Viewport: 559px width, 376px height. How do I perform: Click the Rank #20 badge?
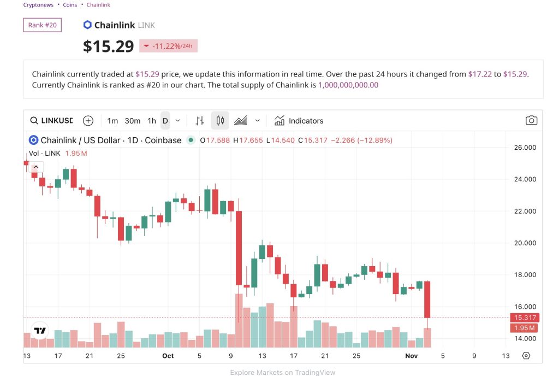point(42,25)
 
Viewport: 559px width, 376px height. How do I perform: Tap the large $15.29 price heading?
point(108,46)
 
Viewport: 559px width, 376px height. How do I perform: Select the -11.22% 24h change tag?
point(168,46)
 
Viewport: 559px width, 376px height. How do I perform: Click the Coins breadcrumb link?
point(70,5)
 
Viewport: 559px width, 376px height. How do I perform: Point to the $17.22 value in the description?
point(480,74)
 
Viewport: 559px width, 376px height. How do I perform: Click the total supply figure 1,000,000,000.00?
point(348,85)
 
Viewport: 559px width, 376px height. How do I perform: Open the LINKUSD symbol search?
point(51,121)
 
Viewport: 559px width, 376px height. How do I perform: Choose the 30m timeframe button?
point(132,121)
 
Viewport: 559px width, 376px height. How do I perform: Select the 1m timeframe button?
point(112,121)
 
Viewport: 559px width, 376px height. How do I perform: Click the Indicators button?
point(299,121)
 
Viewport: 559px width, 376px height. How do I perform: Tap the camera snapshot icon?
point(531,121)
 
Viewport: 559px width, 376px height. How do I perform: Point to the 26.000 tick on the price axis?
point(525,148)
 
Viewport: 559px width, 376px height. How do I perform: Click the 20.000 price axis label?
point(525,243)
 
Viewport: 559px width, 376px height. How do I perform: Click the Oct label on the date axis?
point(168,356)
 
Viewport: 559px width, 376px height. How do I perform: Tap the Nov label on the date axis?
point(411,356)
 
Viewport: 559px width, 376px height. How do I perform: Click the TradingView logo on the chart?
point(39,331)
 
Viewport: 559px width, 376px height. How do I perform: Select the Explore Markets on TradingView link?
point(283,372)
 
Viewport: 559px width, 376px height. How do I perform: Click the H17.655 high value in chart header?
point(248,140)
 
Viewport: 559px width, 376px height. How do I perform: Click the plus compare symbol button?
point(88,121)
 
